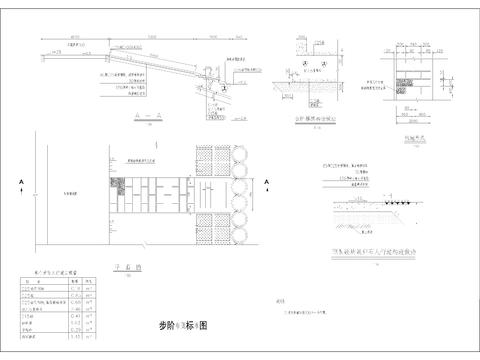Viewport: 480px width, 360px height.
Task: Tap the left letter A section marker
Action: (x=20, y=181)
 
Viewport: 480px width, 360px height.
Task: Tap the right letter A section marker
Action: (x=267, y=181)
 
